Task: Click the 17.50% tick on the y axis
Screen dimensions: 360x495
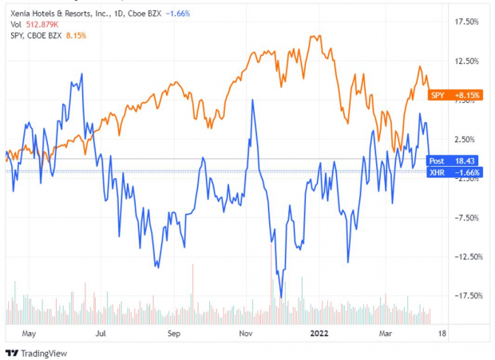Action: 464,22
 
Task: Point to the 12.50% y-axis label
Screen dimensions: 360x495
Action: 464,61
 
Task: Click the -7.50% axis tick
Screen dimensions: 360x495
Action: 464,217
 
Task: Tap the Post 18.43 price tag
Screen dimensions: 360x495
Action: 454,160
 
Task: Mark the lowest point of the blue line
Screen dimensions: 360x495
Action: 281,297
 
